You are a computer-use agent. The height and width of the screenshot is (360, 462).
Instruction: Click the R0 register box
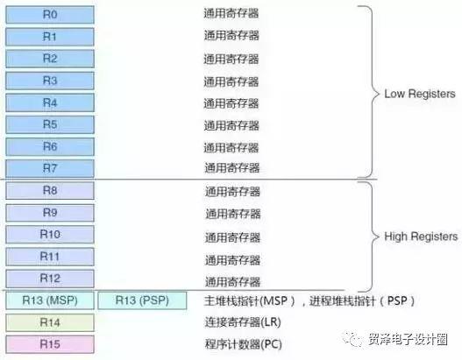coord(50,14)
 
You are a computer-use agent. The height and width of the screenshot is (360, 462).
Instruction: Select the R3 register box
coord(50,81)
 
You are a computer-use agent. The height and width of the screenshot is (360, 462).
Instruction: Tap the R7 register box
coord(50,168)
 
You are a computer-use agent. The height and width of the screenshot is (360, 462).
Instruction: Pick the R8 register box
coord(50,190)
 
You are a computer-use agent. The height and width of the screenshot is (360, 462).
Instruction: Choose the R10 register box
coord(50,235)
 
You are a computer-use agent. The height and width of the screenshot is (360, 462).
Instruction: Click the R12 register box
coord(50,279)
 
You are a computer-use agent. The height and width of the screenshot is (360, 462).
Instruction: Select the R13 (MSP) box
coord(50,300)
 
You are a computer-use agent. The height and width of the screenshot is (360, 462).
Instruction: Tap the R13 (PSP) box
coord(142,300)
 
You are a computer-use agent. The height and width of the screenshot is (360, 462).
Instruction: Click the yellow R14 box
coord(50,322)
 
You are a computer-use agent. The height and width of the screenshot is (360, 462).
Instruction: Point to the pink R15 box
coord(50,344)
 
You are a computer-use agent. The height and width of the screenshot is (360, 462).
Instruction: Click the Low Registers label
coord(420,94)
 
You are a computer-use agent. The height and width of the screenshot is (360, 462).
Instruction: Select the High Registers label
coord(421,236)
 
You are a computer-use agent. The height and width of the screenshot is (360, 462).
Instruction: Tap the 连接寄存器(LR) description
coord(243,322)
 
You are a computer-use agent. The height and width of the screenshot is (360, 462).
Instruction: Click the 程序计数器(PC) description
coord(244,344)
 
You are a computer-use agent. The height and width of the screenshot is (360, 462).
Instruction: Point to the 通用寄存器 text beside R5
coord(231,125)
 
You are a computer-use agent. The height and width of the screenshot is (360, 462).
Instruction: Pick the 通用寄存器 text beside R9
coord(233,214)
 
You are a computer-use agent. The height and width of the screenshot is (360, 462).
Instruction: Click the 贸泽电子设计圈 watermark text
coord(408,339)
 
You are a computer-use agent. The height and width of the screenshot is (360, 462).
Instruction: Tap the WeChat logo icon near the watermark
coord(352,339)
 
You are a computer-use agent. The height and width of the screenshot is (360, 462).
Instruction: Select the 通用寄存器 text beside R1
coord(231,36)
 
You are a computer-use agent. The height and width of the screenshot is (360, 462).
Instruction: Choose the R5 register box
coord(50,124)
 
